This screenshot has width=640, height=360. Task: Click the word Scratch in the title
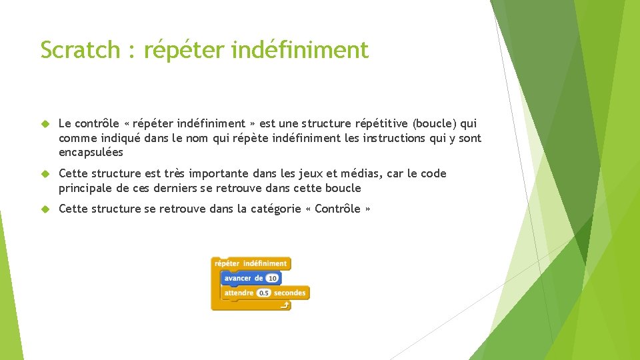[x=80, y=50]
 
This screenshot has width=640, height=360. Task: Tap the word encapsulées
[x=91, y=153]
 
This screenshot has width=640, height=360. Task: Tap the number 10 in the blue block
[x=273, y=278]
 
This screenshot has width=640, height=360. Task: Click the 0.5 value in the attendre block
[x=263, y=293]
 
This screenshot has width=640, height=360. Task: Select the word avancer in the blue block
[x=238, y=278]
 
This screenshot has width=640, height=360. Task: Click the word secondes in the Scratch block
[x=289, y=293]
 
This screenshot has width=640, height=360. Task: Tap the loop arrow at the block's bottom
[x=285, y=306]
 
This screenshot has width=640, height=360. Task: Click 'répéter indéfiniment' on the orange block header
[x=251, y=263]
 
